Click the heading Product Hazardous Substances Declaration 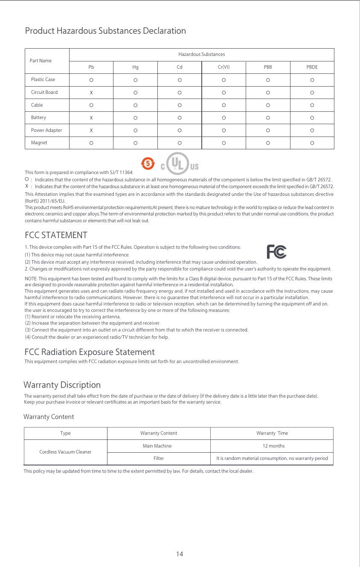click(105, 31)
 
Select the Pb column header click(91, 67)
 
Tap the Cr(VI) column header click(224, 67)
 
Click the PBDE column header click(312, 67)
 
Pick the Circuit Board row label click(44, 92)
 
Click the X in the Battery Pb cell click(91, 117)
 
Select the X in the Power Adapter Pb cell click(91, 130)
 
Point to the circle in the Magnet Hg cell click(135, 143)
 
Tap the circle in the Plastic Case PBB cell click(268, 80)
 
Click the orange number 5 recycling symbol click(147, 163)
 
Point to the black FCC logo click(276, 252)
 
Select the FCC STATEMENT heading click(56, 236)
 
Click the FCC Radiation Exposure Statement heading click(90, 352)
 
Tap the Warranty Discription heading click(62, 385)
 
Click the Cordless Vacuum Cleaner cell click(65, 452)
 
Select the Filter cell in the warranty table click(158, 458)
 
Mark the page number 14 click(180, 554)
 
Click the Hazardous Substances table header click(201, 55)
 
